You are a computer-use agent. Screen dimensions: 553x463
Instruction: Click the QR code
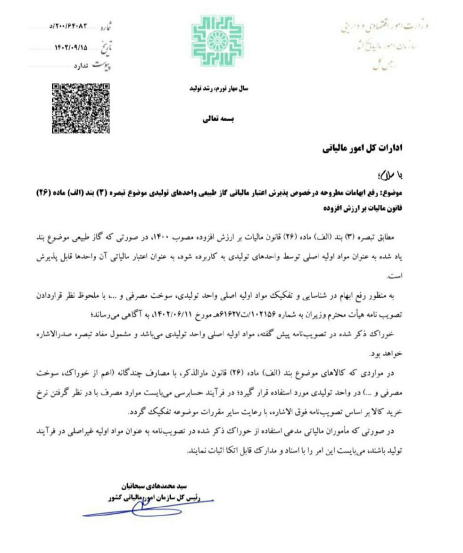[x=80, y=108]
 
